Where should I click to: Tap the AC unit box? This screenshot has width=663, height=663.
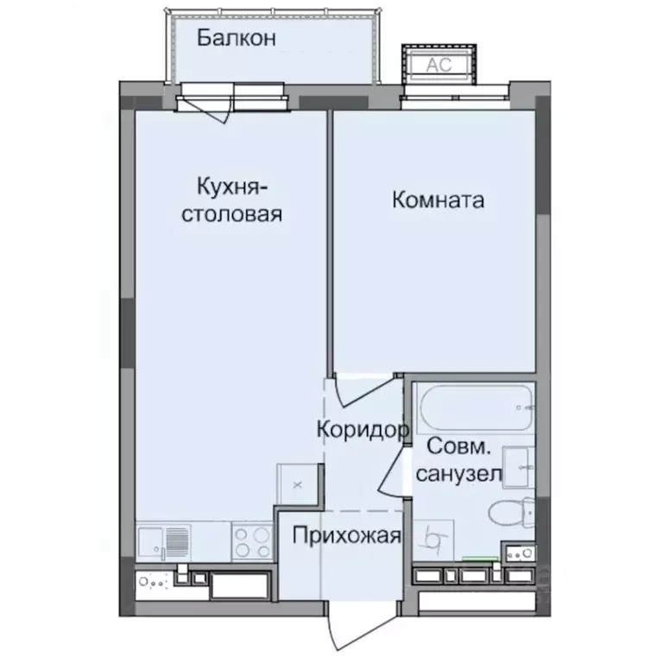(x=433, y=63)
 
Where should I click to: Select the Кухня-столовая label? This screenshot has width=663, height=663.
(x=230, y=199)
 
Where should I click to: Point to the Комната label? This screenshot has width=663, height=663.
(x=438, y=200)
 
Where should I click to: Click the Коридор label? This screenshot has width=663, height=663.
(x=361, y=429)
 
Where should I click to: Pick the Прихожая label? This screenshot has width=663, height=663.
(x=346, y=536)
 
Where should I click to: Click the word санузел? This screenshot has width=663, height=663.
(x=460, y=474)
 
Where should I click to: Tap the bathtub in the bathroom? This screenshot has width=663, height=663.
(x=474, y=409)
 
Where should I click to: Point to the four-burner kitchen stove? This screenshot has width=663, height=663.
(x=253, y=540)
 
